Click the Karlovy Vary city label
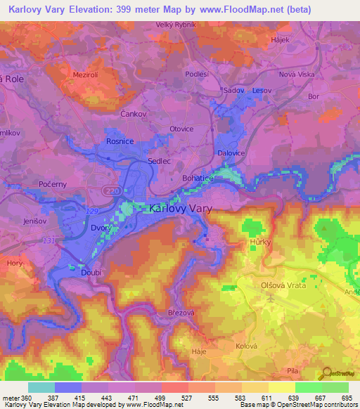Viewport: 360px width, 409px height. tap(181, 209)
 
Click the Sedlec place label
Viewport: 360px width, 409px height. tap(159, 160)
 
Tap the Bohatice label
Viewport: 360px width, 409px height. tap(198, 179)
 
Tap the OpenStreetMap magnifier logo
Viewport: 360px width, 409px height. tap(328, 373)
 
